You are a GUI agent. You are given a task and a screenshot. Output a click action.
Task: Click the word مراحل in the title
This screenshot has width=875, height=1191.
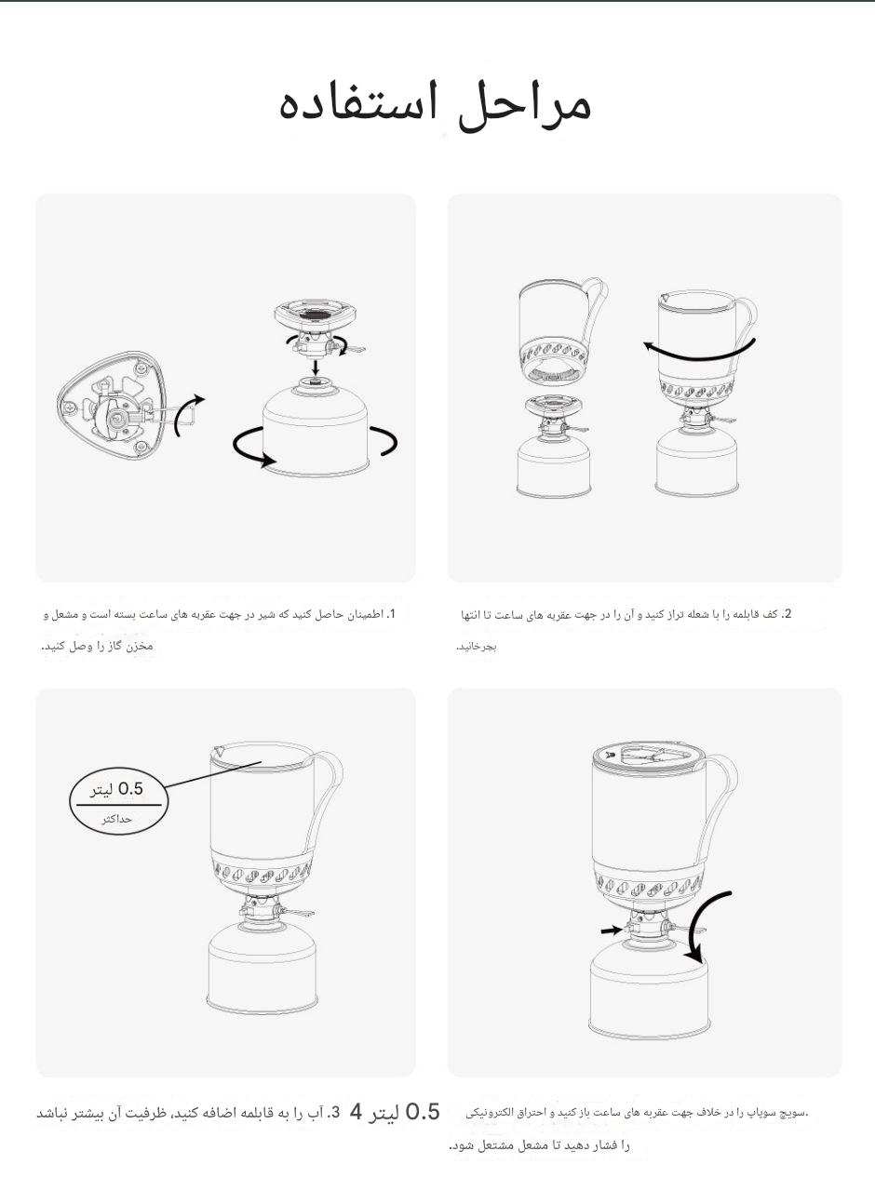coord(524,106)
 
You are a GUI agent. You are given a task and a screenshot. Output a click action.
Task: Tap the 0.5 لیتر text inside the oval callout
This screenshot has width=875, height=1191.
coord(116,789)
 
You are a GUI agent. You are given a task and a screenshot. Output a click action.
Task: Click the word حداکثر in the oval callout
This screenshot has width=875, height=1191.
coord(116,819)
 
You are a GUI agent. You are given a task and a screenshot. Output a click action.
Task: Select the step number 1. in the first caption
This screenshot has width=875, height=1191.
coord(391,614)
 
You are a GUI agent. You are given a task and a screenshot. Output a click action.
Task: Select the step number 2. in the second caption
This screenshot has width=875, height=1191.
coord(787,614)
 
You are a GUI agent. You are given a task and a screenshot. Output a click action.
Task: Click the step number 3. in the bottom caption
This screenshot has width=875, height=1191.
coord(333,1112)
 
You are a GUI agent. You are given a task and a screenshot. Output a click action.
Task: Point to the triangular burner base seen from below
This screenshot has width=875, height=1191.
coord(111,405)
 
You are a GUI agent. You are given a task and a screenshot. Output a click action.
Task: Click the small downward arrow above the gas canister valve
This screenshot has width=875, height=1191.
coord(316,368)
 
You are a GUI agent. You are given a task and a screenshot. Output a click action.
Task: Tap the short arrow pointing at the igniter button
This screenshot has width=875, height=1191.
coord(612,930)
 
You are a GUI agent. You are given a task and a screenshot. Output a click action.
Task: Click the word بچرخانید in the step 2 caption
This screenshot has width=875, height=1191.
coord(478,647)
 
